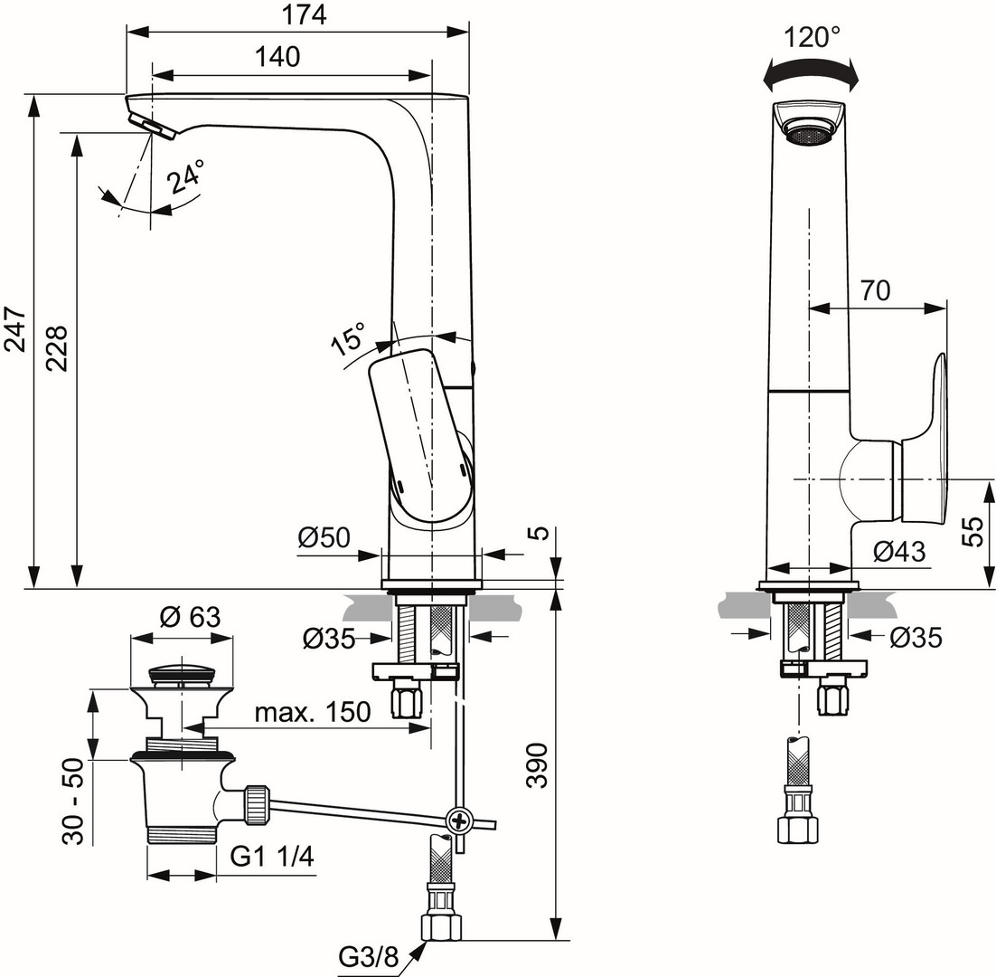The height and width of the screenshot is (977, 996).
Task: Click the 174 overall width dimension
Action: click(x=305, y=14)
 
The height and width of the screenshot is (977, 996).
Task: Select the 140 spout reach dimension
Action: click(x=277, y=57)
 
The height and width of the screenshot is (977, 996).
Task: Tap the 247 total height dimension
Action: click(x=15, y=328)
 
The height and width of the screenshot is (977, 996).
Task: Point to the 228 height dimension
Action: click(x=57, y=348)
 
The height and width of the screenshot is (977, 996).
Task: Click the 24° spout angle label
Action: click(x=187, y=176)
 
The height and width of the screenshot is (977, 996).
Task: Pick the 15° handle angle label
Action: click(x=349, y=337)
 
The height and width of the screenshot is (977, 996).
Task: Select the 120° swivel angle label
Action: click(x=811, y=37)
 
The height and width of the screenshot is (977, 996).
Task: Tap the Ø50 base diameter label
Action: click(x=324, y=537)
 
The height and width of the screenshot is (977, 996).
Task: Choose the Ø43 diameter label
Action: click(x=898, y=551)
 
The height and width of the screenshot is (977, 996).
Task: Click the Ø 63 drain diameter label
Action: click(x=190, y=617)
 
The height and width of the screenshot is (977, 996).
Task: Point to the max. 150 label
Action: click(x=313, y=712)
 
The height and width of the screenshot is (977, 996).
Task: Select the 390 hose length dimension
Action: click(x=538, y=765)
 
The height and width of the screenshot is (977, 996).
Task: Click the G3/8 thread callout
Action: click(x=368, y=956)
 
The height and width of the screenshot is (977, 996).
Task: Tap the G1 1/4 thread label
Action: click(x=272, y=857)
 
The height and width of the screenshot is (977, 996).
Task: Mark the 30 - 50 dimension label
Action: click(x=74, y=802)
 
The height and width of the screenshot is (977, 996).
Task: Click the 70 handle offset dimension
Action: click(x=875, y=290)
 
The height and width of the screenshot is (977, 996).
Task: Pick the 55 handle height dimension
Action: click(x=973, y=531)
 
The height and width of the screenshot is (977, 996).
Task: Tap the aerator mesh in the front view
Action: click(x=811, y=136)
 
